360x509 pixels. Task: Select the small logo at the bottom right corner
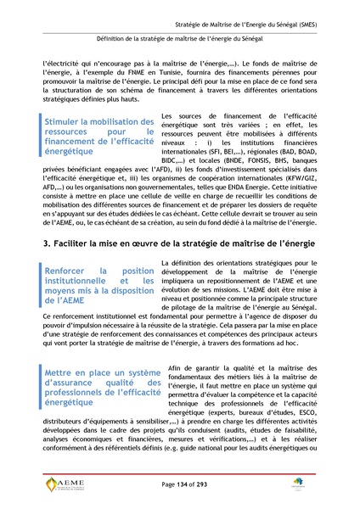(322, 484)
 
